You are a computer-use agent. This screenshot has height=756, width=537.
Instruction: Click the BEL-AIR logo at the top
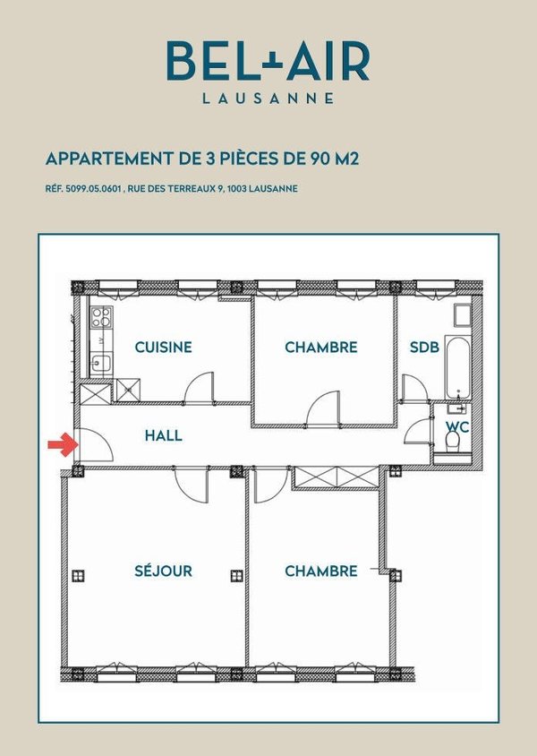[267, 61]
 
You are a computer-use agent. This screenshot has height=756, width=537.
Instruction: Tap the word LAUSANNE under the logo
[267, 98]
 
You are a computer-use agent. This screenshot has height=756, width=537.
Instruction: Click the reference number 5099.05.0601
[98, 190]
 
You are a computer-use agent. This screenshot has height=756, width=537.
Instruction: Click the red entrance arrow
[60, 442]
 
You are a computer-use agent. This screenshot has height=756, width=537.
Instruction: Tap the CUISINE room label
[163, 348]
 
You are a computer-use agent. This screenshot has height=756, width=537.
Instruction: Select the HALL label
[163, 436]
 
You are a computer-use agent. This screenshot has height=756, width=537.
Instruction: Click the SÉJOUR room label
[163, 571]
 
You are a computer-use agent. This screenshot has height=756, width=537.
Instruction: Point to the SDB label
[424, 348]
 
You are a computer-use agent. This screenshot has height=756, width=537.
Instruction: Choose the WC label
[457, 427]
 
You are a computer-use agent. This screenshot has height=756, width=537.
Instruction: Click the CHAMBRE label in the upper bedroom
[321, 348]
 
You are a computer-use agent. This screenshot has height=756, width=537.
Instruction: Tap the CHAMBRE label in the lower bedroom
[321, 571]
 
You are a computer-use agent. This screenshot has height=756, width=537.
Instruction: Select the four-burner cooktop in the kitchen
[101, 317]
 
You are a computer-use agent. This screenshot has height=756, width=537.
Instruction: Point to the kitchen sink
[100, 362]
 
